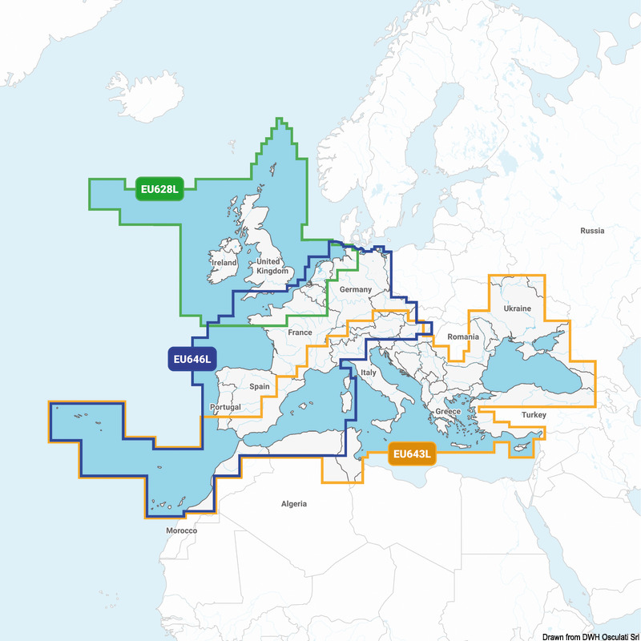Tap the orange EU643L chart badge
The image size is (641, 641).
[412, 455]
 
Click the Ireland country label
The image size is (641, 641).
[224, 263]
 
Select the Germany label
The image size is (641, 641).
[356, 289]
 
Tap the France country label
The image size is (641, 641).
[300, 333]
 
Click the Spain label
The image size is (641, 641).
[260, 386]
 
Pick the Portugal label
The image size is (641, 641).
[225, 407]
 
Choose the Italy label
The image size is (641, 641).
[368, 373]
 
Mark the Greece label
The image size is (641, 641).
[448, 411]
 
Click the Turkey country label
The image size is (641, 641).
[533, 415]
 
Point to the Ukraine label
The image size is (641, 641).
[517, 308]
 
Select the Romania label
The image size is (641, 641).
[463, 337]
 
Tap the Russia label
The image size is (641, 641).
[592, 231]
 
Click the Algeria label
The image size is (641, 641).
[293, 504]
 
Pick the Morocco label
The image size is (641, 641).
[181, 530]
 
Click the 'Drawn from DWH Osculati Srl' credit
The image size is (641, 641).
[590, 636]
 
